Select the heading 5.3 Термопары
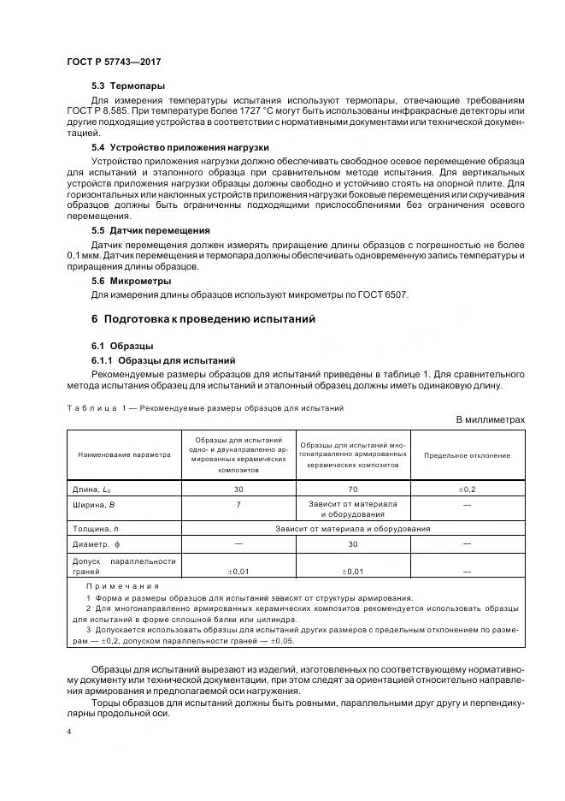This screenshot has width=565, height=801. [128, 86]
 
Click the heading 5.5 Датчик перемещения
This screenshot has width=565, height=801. [150, 231]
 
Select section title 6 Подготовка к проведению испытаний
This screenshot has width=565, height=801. [203, 319]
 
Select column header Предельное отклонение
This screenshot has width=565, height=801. [467, 455]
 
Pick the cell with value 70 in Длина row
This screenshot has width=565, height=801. [353, 489]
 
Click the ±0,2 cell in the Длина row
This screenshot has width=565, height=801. [467, 489]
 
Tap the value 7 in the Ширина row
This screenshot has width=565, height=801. [238, 505]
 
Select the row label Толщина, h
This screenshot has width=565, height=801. [97, 530]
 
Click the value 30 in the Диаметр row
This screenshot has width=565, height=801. [353, 543]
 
